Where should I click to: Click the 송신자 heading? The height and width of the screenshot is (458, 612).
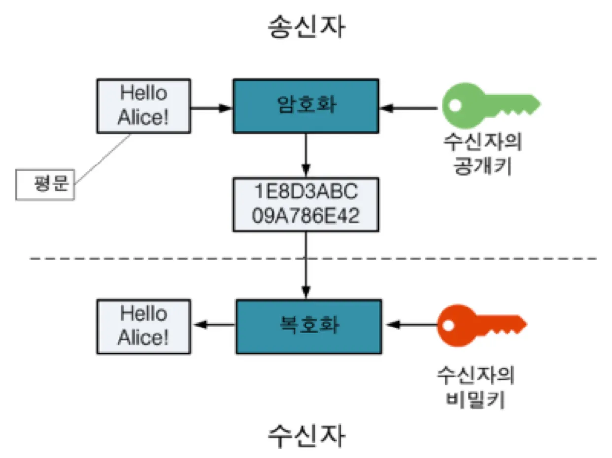[306, 28]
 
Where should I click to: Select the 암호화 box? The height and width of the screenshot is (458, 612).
[306, 106]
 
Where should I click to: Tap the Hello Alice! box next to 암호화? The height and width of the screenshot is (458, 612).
[143, 106]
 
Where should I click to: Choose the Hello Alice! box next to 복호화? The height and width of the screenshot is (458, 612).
[143, 326]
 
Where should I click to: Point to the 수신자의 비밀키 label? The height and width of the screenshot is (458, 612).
[476, 389]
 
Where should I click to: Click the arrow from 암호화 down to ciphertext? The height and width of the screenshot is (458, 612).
[306, 156]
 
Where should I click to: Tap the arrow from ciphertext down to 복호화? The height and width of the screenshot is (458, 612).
[306, 266]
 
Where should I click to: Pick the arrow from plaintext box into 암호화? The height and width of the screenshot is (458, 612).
[211, 107]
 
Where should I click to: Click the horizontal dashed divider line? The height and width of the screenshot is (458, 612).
[148, 258]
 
